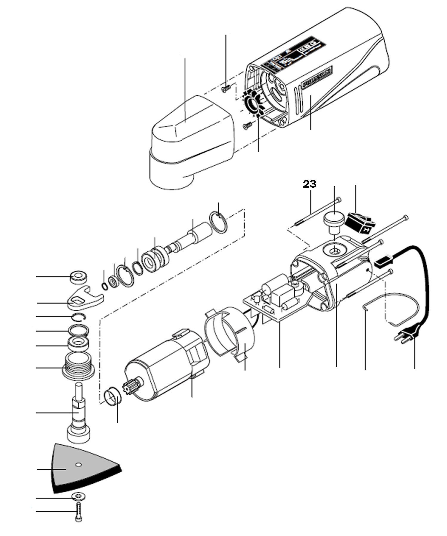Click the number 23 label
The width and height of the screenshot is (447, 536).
[310, 184]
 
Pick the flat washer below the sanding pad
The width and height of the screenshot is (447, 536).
[78, 496]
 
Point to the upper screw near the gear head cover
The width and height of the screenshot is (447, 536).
[226, 88]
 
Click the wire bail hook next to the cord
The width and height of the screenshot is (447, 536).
[387, 309]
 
